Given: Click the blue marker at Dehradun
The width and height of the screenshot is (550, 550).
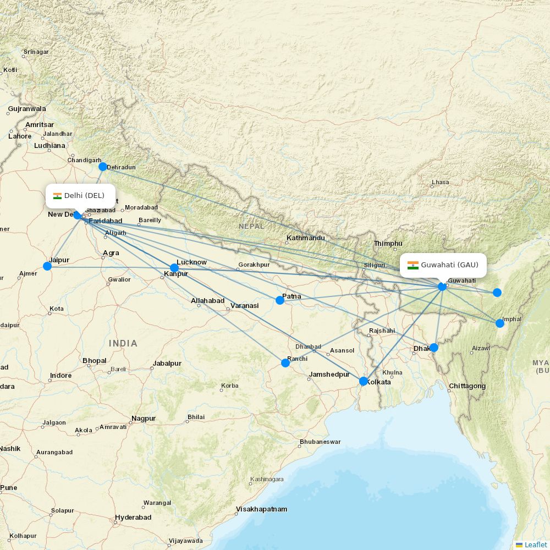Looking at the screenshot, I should (x=102, y=167).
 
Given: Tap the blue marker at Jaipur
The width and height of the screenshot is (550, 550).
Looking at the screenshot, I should (x=47, y=266).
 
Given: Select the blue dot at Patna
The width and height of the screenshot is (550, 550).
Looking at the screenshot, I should (x=280, y=300).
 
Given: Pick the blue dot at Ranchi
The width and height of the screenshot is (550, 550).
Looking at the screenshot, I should (x=285, y=363).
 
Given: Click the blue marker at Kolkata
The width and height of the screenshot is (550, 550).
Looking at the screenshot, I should (x=363, y=381).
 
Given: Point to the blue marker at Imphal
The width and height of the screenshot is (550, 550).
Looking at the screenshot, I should (x=500, y=323).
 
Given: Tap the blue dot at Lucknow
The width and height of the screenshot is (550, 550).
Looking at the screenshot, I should (x=174, y=268).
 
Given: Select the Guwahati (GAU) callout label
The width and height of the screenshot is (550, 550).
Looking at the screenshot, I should (x=444, y=265).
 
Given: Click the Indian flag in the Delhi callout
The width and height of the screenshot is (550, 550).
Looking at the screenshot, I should (x=57, y=196).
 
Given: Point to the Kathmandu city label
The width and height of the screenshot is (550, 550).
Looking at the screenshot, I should (x=305, y=238).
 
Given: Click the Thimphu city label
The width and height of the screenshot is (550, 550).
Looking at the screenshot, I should (x=388, y=243).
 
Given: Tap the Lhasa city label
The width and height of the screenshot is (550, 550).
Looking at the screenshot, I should (x=440, y=182).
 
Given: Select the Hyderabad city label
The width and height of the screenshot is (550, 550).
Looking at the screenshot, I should (x=133, y=518).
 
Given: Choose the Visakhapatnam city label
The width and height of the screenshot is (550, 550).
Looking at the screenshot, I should (x=261, y=509).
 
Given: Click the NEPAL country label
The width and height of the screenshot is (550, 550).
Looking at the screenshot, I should (x=251, y=226).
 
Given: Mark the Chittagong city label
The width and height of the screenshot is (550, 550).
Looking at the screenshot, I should (x=467, y=386).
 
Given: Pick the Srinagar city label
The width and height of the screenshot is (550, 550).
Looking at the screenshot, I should (x=36, y=52).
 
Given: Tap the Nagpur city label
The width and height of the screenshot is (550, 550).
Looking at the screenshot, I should (x=144, y=419).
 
